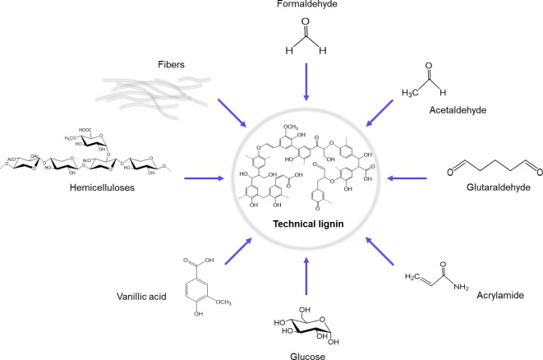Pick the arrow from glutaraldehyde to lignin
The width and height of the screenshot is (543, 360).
(407, 176)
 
